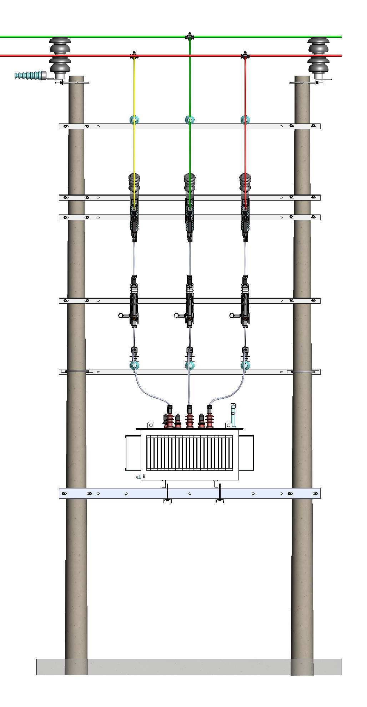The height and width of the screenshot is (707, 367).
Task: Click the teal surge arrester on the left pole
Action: click(29, 75)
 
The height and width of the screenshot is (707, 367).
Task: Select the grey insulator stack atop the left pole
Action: click(60, 57)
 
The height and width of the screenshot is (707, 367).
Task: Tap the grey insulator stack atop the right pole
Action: click(318, 57)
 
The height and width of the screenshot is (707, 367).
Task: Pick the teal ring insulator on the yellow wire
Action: click(134, 120)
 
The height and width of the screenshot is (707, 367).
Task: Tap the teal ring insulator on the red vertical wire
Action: click(245, 120)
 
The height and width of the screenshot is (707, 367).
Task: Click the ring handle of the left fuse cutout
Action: click(121, 315)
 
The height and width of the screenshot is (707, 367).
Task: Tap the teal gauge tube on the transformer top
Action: click(234, 416)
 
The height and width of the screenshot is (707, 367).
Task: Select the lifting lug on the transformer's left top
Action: click(151, 425)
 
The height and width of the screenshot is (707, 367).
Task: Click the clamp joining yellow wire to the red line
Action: click(134, 56)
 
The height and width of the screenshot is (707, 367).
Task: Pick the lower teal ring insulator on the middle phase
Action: click(190, 365)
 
